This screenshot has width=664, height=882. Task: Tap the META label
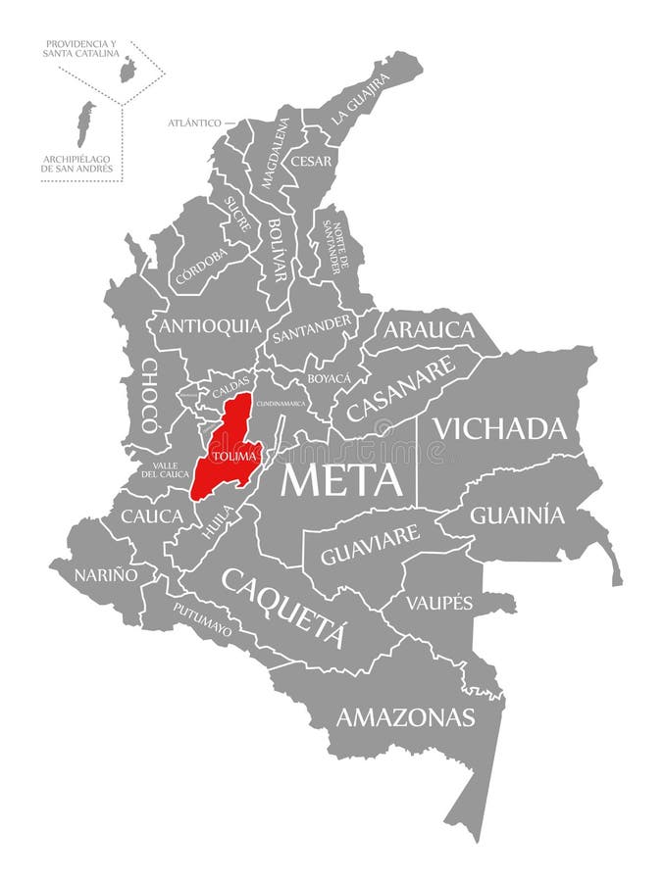point(342,480)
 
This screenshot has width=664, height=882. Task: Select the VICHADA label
point(500,428)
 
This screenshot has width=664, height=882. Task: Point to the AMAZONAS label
point(405,717)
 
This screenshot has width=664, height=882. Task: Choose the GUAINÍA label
point(518,514)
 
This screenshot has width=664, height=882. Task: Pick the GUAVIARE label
point(370,546)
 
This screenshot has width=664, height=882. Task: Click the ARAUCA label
point(429,329)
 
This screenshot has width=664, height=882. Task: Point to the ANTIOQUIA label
point(210,325)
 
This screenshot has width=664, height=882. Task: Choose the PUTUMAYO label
point(203,619)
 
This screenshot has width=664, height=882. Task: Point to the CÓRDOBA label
point(201,266)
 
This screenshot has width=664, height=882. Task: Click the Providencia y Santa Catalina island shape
point(127,70)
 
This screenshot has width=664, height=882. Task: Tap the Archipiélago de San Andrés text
point(77,163)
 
